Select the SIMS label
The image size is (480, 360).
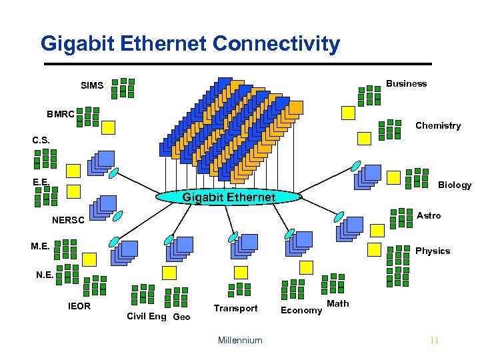92,86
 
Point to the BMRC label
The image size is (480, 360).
61,114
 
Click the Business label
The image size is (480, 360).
406,83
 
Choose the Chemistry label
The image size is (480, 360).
438,125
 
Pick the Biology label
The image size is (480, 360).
455,185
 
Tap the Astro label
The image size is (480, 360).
429,215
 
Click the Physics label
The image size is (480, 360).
433,251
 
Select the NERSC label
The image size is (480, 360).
69,221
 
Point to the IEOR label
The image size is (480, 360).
79,306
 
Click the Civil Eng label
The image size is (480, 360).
147,316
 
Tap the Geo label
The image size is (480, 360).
181,317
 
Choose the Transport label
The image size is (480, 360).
235,308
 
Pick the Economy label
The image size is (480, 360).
301,310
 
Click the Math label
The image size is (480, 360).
338,303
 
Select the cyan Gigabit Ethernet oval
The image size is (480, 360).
229,197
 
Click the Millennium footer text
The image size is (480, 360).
240,340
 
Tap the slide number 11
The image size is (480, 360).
435,341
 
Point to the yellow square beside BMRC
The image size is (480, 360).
107,127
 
